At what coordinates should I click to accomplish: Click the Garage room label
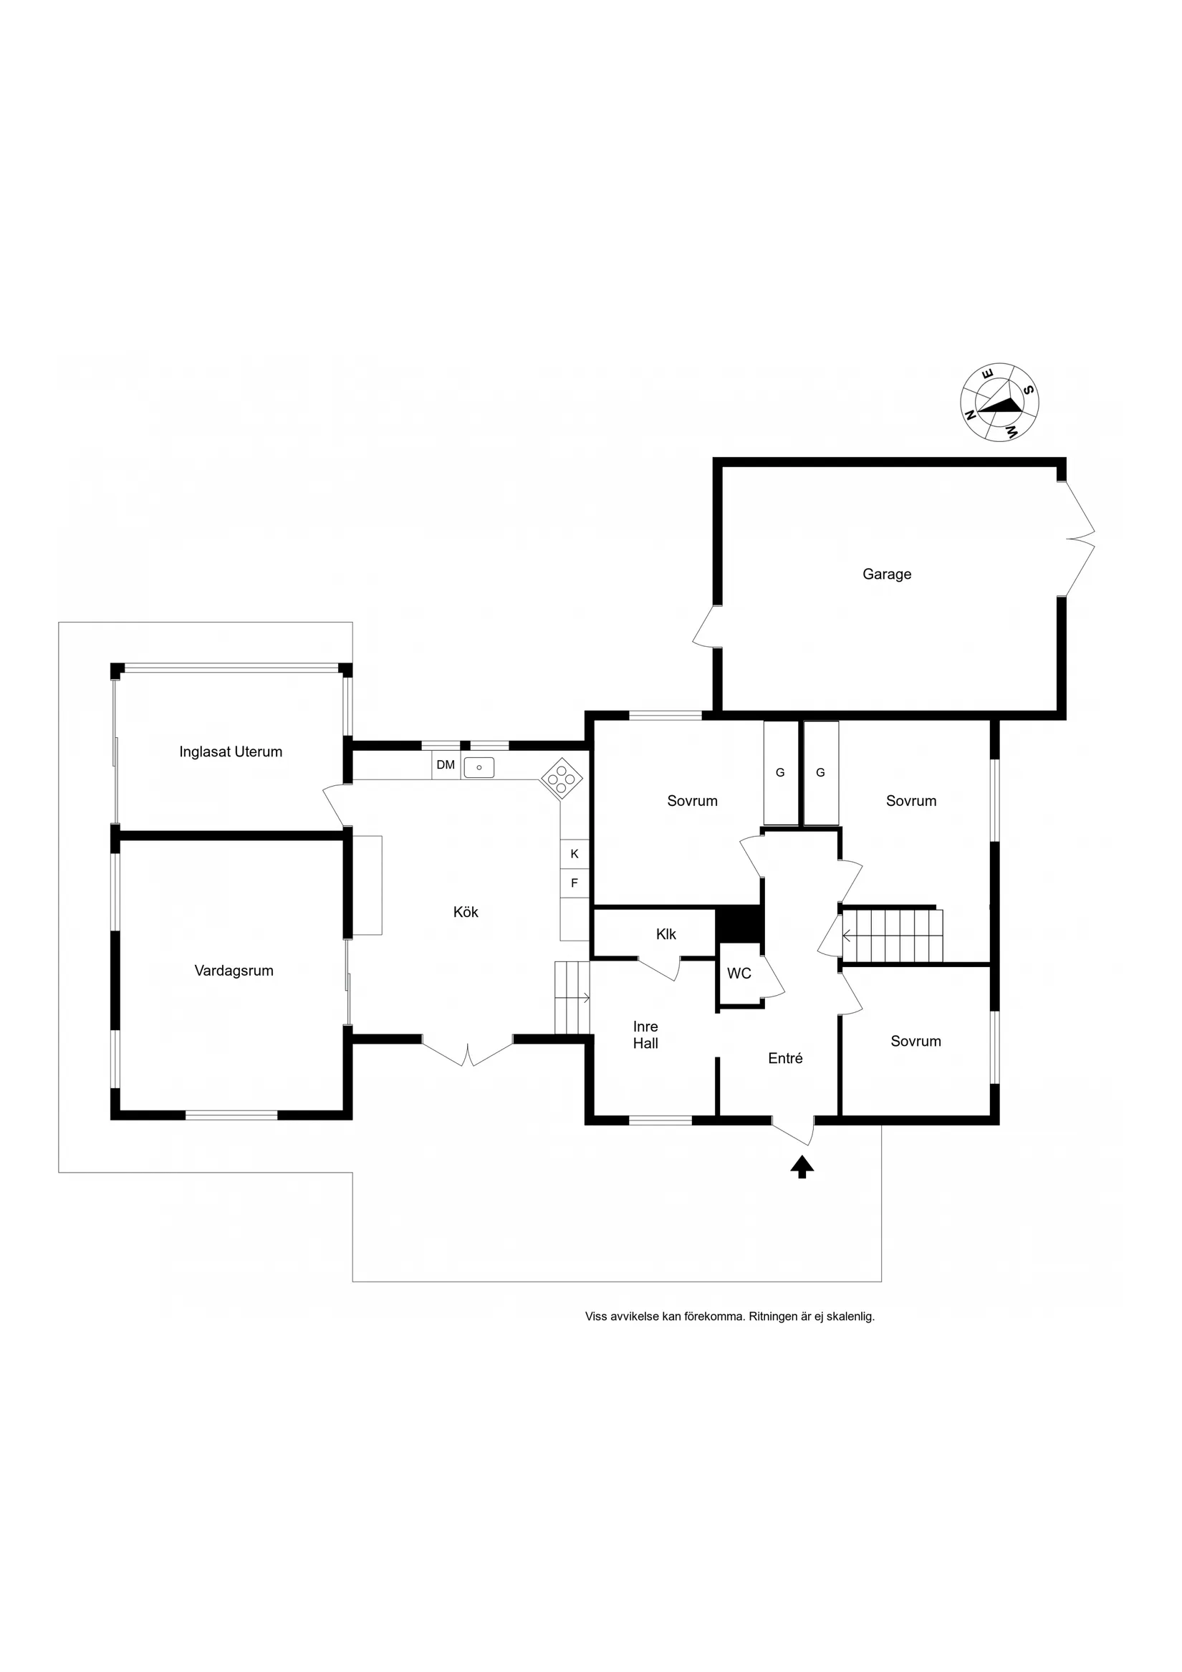pos(886,575)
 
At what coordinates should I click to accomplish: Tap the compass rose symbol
pos(999,402)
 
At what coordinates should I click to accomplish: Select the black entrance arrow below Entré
pos(802,1167)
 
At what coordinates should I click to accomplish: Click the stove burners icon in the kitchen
pos(562,779)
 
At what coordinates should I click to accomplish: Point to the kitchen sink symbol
pos(479,767)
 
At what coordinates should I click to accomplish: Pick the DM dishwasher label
pos(446,764)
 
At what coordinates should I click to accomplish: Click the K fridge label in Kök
pos(575,854)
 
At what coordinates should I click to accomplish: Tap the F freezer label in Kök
pos(575,883)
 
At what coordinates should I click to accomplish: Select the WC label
pos(739,974)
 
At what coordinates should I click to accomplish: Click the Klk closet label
pos(666,934)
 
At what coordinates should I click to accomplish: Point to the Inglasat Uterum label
pos(231,751)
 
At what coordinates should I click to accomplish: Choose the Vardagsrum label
pos(234,971)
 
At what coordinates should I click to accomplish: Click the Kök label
pos(466,912)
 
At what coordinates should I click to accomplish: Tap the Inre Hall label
pos(645,1035)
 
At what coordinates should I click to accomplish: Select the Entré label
pos(785,1058)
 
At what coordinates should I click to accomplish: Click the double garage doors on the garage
pos(1080,539)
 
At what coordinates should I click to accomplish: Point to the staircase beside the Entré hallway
pos(892,936)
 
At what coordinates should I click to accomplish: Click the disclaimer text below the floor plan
pos(730,1317)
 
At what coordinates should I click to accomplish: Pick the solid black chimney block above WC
pos(739,925)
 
